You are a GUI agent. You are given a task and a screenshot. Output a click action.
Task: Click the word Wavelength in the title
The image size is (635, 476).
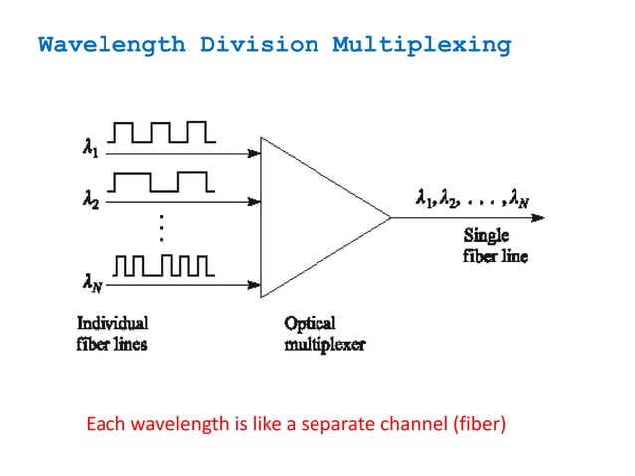tap(110, 45)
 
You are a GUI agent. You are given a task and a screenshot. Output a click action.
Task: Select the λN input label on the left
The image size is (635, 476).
tap(91, 283)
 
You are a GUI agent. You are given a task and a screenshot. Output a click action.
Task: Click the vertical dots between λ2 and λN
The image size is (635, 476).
tap(159, 229)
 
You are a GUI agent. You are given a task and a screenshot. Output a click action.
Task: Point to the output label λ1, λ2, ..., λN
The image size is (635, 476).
tap(472, 200)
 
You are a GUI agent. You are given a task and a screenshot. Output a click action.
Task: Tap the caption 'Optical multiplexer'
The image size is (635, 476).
tap(323, 334)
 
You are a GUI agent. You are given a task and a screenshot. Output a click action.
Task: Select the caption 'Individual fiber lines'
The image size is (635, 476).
tap(112, 334)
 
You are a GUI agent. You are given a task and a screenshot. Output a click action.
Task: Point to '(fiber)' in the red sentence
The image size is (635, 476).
tap(478, 427)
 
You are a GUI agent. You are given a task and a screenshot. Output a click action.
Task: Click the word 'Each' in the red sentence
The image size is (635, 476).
tap(105, 427)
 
